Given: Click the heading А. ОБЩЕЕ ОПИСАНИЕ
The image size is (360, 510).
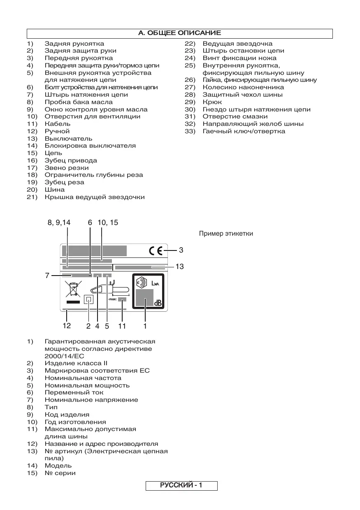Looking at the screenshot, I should click(x=180, y=33).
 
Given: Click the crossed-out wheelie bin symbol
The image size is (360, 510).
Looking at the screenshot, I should click(x=73, y=289).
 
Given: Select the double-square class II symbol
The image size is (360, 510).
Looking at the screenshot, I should click(x=88, y=300).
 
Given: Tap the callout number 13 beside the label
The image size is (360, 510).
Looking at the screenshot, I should click(x=179, y=267).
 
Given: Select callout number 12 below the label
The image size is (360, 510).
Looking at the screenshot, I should click(x=67, y=326).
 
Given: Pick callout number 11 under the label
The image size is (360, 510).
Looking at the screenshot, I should click(x=122, y=326).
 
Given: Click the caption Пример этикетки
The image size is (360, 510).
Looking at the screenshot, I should click(x=226, y=234).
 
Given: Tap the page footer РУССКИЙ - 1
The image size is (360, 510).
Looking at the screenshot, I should click(x=181, y=486).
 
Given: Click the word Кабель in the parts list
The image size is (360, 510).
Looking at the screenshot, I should click(x=58, y=124).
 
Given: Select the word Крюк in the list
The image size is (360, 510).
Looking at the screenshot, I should click(x=212, y=102).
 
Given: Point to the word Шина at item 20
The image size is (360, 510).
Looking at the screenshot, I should click(x=55, y=190).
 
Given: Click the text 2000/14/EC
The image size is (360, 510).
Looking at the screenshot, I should click(x=65, y=356).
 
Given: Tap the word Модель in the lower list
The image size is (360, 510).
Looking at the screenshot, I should click(x=58, y=466).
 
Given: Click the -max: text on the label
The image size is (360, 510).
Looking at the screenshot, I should click(x=112, y=300).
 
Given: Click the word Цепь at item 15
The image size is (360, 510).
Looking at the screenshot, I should click(x=53, y=153).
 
